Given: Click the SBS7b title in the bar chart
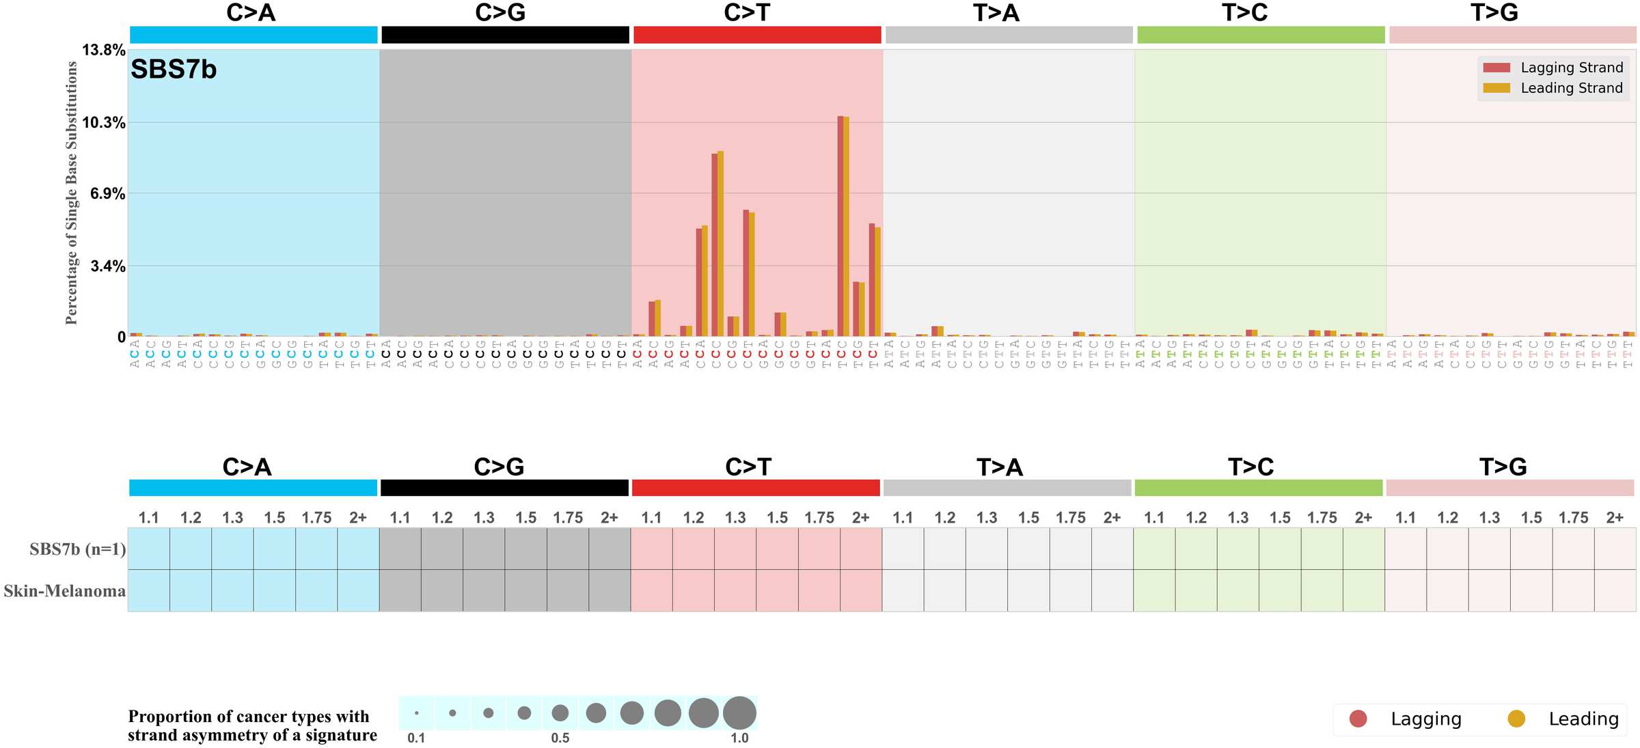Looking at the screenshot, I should click(x=174, y=70).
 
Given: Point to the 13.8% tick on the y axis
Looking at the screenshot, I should click(x=104, y=50).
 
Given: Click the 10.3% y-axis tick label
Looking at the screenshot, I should click(x=104, y=123).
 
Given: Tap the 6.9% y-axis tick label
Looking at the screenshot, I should click(x=108, y=193).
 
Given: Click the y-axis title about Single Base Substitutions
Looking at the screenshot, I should click(x=72, y=193).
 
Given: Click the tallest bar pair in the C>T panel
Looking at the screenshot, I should click(x=843, y=225).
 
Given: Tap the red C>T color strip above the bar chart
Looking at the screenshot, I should click(x=757, y=35).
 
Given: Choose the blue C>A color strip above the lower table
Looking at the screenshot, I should click(x=253, y=488).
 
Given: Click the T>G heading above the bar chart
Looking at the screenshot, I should click(x=1494, y=12).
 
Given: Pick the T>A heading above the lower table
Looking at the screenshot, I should click(x=999, y=467).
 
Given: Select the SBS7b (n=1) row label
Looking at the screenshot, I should click(x=77, y=549).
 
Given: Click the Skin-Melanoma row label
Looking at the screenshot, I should click(x=64, y=591).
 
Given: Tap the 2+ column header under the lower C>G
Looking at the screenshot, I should click(x=609, y=518).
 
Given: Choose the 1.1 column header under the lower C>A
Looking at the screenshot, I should click(x=148, y=518).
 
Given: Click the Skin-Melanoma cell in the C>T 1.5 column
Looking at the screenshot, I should click(x=777, y=591).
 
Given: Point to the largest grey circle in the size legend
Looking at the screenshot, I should click(x=739, y=713).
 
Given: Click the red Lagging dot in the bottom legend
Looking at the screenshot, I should click(x=1358, y=719).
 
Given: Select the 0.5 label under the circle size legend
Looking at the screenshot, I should click(x=560, y=738).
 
